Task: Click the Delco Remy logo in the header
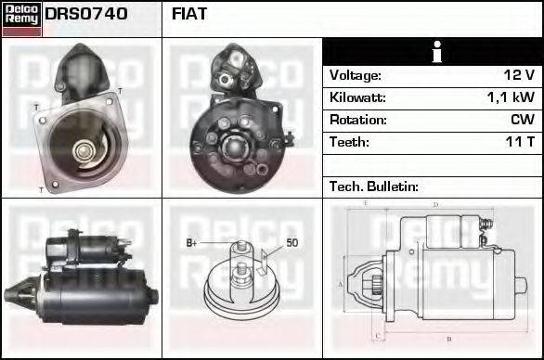click(x=21, y=18)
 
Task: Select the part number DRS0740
click(x=86, y=15)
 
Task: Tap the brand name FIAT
click(x=189, y=15)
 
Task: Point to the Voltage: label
click(x=355, y=75)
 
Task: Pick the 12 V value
click(x=518, y=75)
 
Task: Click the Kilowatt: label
click(x=356, y=97)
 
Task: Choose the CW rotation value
click(x=522, y=120)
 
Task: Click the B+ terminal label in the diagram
click(x=192, y=243)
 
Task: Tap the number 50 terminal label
click(x=291, y=243)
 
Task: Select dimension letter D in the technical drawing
click(x=434, y=204)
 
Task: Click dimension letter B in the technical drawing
click(x=449, y=339)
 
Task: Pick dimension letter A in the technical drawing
click(x=341, y=283)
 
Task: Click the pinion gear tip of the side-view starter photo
click(x=12, y=296)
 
